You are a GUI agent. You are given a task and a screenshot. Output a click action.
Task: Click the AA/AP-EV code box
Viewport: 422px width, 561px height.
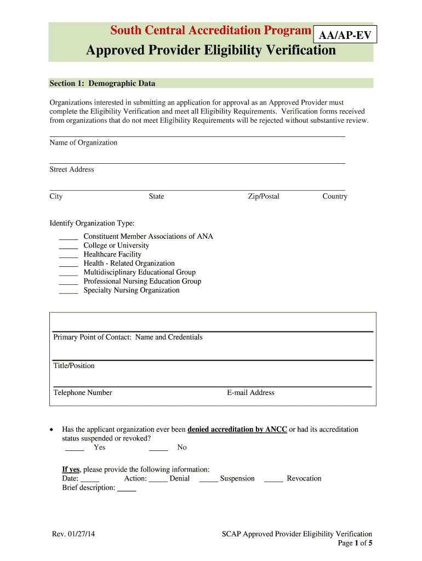345,36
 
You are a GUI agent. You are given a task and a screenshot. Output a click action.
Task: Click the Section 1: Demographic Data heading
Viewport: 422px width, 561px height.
102,83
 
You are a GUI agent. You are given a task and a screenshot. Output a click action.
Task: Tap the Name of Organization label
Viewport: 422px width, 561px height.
83,142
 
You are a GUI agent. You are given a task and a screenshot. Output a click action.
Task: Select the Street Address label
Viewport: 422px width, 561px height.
72,169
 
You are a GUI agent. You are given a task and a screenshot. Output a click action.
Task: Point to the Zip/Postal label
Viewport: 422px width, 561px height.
264,196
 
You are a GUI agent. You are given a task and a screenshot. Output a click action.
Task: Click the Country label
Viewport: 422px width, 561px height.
335,196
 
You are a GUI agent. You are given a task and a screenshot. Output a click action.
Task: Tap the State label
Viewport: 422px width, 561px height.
156,196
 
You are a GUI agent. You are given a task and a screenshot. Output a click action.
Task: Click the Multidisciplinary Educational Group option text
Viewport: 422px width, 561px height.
139,272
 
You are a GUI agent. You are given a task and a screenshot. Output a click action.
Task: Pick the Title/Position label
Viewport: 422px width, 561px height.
74,365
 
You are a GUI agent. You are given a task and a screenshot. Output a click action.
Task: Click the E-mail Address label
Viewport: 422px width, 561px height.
250,392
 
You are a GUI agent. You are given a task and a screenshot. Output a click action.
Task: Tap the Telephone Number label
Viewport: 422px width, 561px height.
83,392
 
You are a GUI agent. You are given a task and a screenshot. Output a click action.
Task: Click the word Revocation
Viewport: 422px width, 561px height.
304,478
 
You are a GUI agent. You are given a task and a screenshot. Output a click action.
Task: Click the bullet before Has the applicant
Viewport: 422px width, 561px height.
52,430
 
